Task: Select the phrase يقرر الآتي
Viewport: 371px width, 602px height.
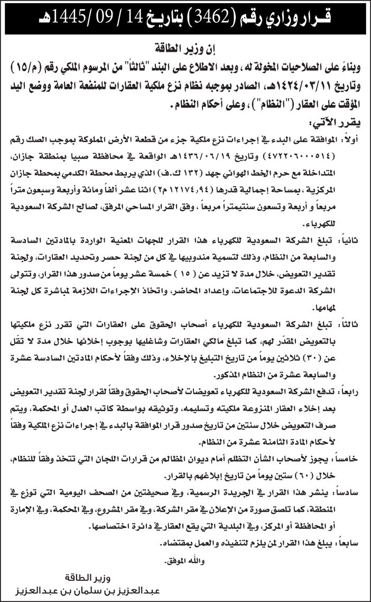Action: click(339, 123)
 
